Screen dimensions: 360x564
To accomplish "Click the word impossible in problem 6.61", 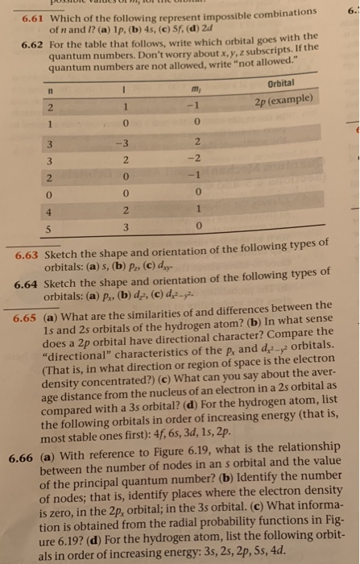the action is click(217, 17).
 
